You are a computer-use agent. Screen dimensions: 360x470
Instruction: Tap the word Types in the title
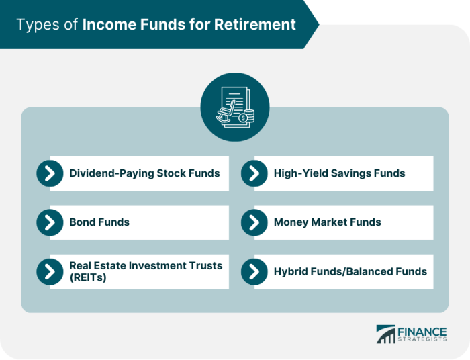35,25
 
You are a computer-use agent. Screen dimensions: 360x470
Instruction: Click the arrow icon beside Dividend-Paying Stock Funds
50,173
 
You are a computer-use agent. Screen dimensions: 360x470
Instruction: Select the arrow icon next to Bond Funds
50,222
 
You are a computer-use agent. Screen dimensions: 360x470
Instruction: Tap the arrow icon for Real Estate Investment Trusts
50,271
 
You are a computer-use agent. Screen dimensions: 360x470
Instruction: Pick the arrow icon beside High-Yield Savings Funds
254,173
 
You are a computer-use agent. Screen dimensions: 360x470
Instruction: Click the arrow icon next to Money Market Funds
254,222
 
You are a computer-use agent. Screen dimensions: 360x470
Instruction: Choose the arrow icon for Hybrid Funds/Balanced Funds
254,271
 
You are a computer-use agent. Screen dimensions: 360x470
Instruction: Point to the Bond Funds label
99,222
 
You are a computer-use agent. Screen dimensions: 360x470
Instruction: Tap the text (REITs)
87,277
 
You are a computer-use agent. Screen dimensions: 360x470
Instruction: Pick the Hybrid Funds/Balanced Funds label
350,272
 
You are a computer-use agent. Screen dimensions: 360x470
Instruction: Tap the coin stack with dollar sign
248,117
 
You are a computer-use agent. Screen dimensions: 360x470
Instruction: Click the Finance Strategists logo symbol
386,334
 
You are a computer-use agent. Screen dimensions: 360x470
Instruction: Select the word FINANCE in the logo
421,331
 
